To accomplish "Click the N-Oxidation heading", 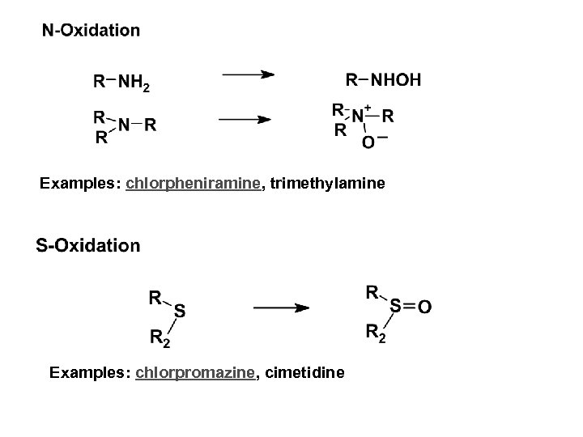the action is coord(91,31).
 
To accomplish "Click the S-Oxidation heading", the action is coord(87,245).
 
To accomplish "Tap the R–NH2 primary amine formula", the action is coord(121,81).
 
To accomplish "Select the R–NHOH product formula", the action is coord(383,80).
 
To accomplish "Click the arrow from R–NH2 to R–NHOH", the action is coord(248,75).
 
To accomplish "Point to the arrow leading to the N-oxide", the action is coord(245,120).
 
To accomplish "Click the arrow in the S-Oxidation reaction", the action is coord(279,308).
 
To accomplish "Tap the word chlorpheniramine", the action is coord(194,185).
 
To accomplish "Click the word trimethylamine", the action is coord(322,185).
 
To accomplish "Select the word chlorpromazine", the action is coord(198,372).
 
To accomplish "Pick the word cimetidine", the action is coord(304,372).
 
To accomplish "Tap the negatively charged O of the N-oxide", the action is coord(368,142).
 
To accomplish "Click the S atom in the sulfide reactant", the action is coord(179,310).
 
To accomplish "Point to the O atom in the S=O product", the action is coord(425,307).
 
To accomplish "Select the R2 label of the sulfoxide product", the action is coord(376,333).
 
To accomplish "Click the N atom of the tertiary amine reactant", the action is coord(123,125).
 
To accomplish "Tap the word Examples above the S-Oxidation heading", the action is coord(80,185).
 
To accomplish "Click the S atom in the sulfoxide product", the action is coord(396,306).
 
